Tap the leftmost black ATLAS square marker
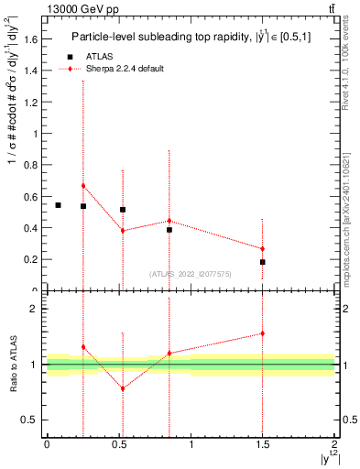point(58,205)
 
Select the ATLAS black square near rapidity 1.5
point(263,262)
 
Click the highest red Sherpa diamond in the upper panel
point(83,186)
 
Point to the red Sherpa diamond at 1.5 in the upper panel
point(263,249)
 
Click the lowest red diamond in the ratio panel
point(123,388)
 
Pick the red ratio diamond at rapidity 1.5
point(263,333)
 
